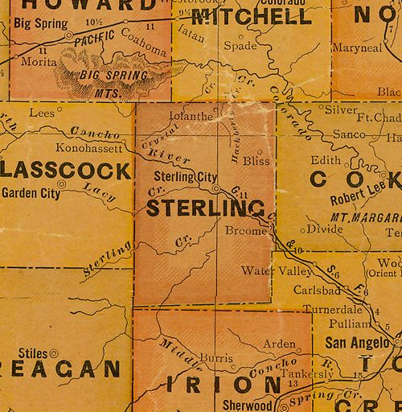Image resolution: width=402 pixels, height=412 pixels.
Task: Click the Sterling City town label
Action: pos(184,176)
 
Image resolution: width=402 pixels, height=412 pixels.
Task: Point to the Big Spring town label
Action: pos(41,24)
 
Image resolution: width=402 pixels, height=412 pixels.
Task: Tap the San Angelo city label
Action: pos(355,340)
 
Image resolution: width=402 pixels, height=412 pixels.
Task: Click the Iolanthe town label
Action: pos(191,116)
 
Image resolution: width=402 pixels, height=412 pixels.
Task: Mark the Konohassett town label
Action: pos(89,148)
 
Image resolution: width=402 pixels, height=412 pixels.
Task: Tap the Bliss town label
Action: pos(257,162)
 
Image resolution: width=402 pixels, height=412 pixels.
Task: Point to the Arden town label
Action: pos(280,344)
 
